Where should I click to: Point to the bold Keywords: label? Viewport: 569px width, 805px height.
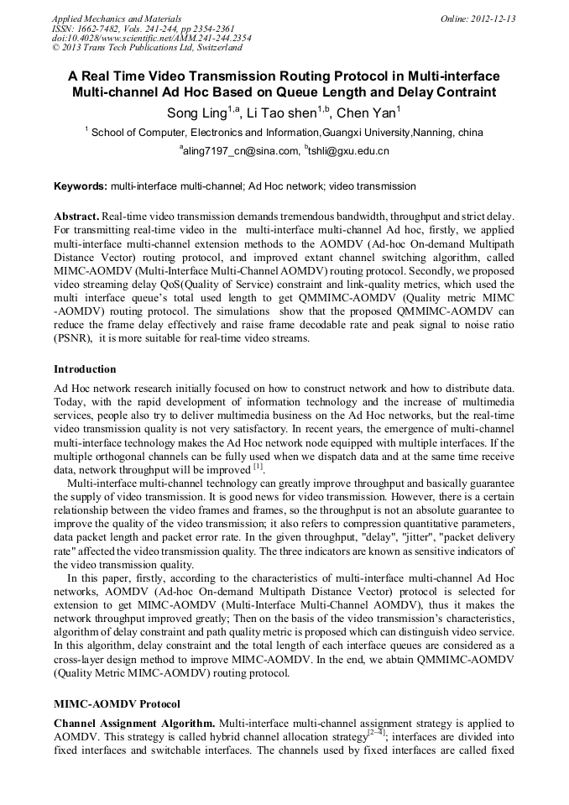[x=81, y=186]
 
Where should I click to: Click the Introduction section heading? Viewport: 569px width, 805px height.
[x=85, y=369]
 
